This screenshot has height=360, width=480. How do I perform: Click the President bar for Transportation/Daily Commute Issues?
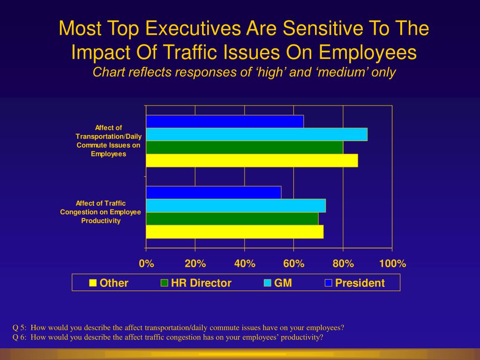[225, 121]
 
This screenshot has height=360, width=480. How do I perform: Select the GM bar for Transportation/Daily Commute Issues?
[256, 135]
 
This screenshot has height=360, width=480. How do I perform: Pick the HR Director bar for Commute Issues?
[244, 147]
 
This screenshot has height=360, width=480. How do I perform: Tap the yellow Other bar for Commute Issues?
[252, 160]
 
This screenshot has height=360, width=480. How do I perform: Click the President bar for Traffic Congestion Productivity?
[214, 193]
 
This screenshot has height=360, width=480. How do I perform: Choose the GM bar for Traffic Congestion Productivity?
[236, 206]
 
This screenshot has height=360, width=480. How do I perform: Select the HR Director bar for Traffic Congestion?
[232, 218]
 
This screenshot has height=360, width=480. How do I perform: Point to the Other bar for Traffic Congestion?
[234, 232]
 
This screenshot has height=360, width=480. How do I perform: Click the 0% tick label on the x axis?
[146, 263]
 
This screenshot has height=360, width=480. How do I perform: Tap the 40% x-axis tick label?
[245, 263]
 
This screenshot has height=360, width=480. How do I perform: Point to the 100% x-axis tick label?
[392, 263]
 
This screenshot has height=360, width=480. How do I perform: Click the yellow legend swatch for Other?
[93, 283]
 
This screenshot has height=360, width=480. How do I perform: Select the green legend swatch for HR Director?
[164, 283]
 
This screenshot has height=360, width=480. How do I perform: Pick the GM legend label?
[283, 283]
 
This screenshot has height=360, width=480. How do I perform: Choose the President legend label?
[360, 283]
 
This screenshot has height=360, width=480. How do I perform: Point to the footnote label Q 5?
[20, 327]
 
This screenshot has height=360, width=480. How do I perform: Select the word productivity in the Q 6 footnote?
[302, 337]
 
